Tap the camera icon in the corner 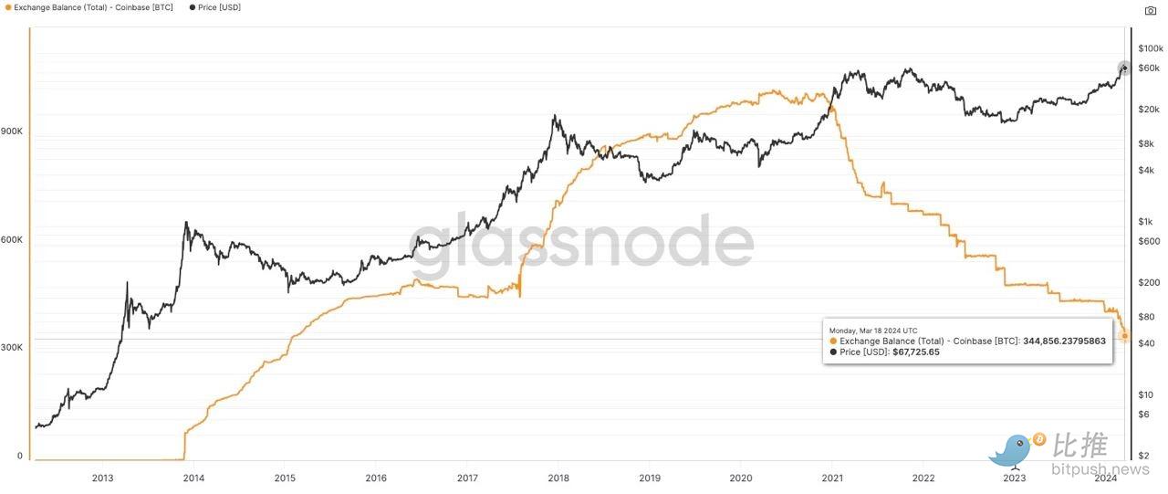coord(1150,11)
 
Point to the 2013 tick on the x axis coord(102,478)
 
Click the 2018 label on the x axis coord(558,478)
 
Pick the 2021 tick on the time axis coord(832,478)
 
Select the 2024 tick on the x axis coord(1106,478)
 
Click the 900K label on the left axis coord(12,131)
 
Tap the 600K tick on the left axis coord(12,240)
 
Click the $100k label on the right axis coord(1150,48)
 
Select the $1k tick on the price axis coord(1145,222)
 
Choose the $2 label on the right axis coord(1142,456)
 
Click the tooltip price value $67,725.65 coord(913,352)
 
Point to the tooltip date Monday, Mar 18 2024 coord(873,330)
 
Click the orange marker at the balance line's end coord(1124,337)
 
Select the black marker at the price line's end coord(1124,68)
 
